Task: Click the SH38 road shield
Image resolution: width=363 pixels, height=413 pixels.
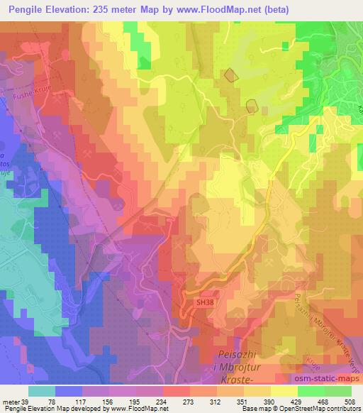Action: pyautogui.click(x=206, y=302)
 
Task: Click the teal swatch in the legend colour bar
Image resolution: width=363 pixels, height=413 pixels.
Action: pyautogui.click(x=41, y=391)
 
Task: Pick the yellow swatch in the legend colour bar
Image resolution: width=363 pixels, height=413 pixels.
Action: pyautogui.click(x=283, y=391)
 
